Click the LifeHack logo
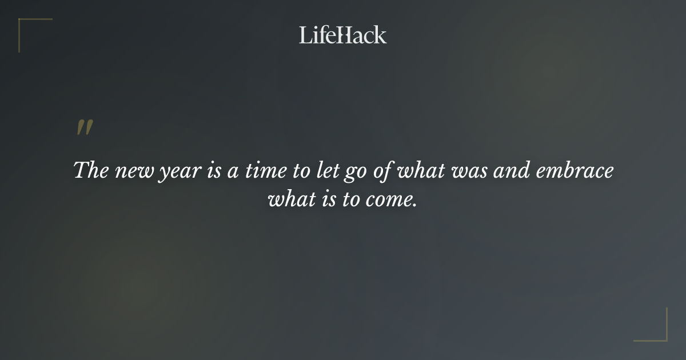[x=342, y=35]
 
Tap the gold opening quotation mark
[x=84, y=128]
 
